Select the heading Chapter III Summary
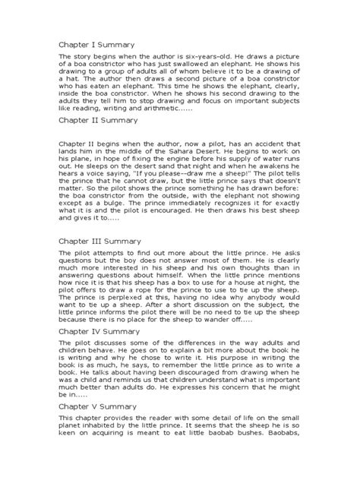click(100, 241)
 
